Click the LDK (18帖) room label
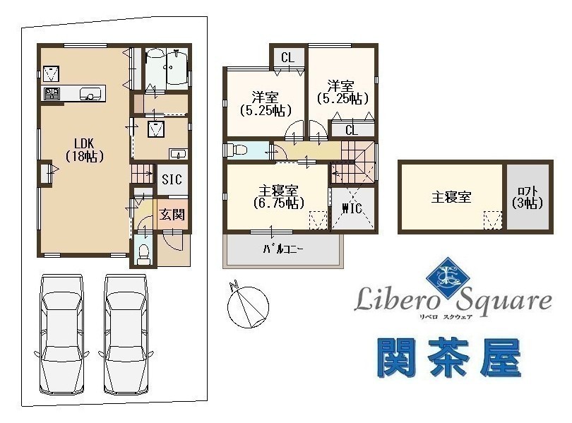pyautogui.click(x=85, y=150)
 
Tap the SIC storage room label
pyautogui.click(x=172, y=179)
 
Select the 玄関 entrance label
pyautogui.click(x=172, y=215)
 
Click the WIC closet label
pyautogui.click(x=352, y=208)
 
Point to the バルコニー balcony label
pyautogui.click(x=283, y=249)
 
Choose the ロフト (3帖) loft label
pyautogui.click(x=528, y=197)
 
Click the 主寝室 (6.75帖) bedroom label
pyautogui.click(x=278, y=197)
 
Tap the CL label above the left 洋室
pyautogui.click(x=288, y=58)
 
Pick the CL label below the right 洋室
pyautogui.click(x=352, y=130)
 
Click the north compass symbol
pyautogui.click(x=248, y=306)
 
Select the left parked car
pyautogui.click(x=61, y=335)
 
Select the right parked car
pyautogui.click(x=126, y=335)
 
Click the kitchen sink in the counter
pyautogui.click(x=90, y=93)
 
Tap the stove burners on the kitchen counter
pyautogui.click(x=50, y=94)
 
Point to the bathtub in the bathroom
pyautogui.click(x=177, y=68)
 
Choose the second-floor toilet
pyautogui.click(x=236, y=150)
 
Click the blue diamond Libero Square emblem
pyautogui.click(x=448, y=279)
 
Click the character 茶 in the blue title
pyautogui.click(x=448, y=358)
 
